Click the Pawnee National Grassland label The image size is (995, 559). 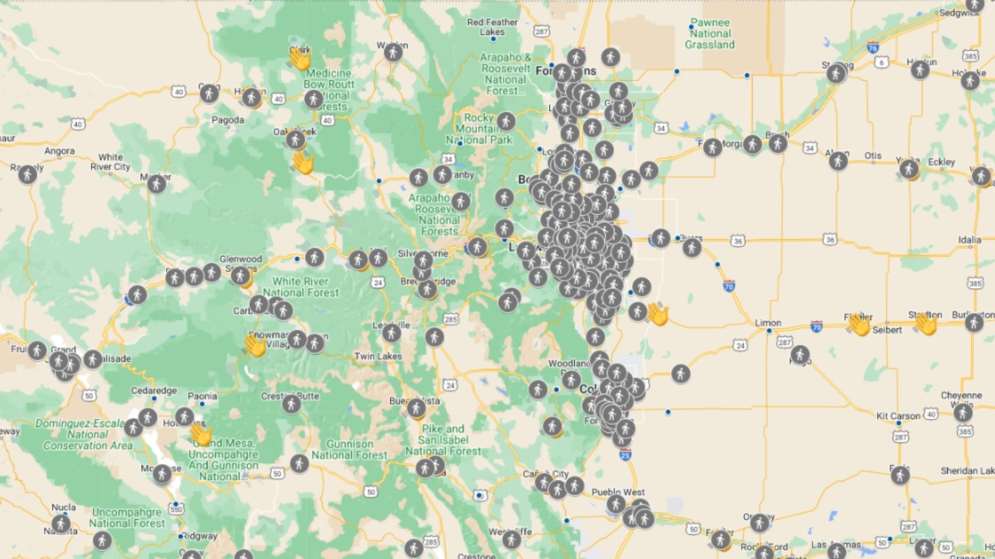coord(710,34)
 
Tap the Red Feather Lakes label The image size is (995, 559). coord(492,27)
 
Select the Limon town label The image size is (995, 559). coord(767,322)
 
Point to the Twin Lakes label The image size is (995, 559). coord(378,356)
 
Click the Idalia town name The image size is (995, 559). coord(969,240)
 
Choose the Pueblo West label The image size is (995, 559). coord(618,492)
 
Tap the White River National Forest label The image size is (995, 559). coord(301,287)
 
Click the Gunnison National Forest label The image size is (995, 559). coord(349,449)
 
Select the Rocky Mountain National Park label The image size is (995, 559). coord(479,129)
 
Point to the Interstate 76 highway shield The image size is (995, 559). coord(873,48)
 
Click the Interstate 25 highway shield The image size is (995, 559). coord(625,455)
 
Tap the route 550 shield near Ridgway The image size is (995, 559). coord(176,509)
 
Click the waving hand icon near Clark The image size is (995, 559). coord(300,59)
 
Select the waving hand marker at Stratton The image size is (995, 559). coord(926,324)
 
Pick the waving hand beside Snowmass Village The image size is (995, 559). coord(255,345)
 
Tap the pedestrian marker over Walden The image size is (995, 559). coord(393,52)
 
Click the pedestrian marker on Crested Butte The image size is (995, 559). coord(291,403)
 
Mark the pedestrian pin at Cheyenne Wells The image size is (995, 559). coord(962,413)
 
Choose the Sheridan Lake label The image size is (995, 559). coord(967,470)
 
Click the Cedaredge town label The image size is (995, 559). coord(153,390)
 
